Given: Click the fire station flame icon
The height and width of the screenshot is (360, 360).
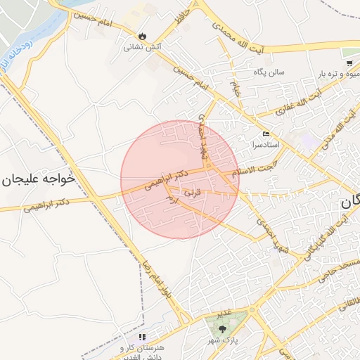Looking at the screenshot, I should (143, 36).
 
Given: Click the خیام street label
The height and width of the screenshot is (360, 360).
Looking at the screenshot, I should (236, 87).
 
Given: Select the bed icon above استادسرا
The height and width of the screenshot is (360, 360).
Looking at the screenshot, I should (265, 134).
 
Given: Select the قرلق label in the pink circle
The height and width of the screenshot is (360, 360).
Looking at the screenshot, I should (192, 191).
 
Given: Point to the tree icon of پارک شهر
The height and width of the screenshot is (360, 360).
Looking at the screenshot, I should (223, 328).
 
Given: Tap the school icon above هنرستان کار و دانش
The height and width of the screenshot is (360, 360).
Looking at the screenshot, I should (143, 337).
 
